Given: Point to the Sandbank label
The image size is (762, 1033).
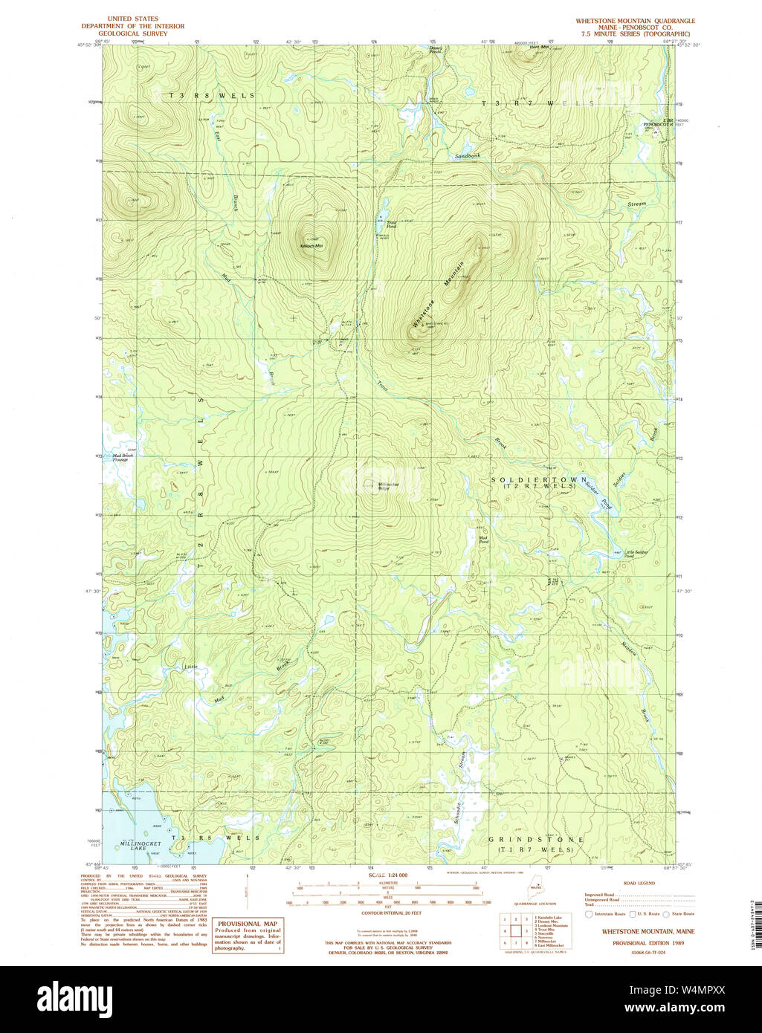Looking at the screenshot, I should point(468,156).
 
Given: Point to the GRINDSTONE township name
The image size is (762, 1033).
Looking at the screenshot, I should point(536,840).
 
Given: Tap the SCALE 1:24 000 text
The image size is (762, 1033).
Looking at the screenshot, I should point(388,875).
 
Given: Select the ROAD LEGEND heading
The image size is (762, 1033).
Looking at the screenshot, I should point(639,883).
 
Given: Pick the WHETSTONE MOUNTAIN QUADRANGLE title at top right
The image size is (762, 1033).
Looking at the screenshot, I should point(635,21).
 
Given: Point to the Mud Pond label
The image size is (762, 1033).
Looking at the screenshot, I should point(483,540).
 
